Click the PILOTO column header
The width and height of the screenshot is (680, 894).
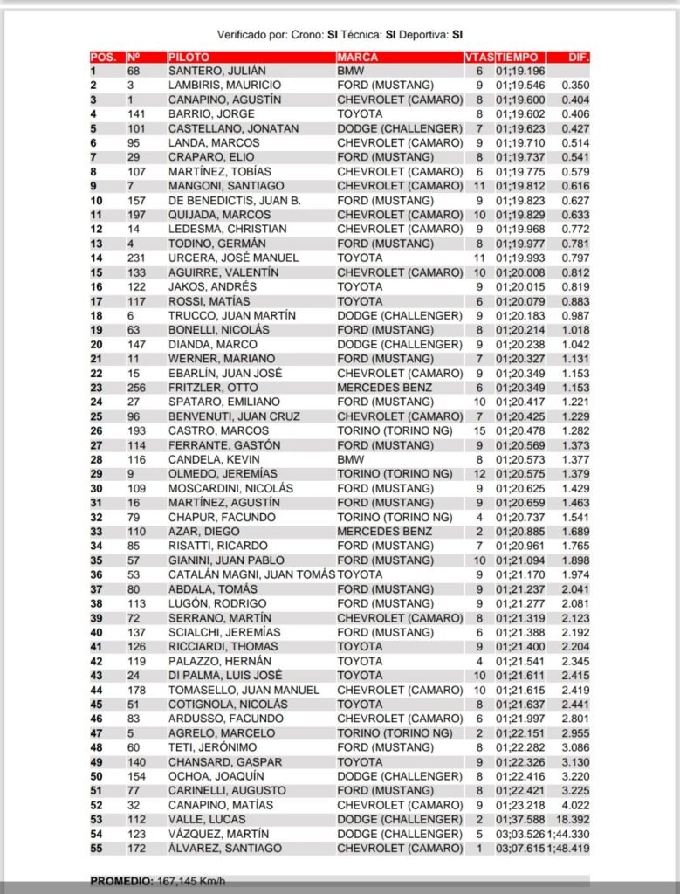(x=189, y=56)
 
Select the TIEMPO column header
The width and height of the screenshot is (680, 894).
(x=519, y=56)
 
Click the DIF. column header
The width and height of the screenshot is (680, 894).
(x=578, y=56)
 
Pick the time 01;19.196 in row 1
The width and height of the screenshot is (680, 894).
(x=520, y=71)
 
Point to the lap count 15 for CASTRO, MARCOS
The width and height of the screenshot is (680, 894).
(x=479, y=430)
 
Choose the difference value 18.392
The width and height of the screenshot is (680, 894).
(x=574, y=819)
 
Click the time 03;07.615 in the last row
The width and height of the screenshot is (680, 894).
(x=520, y=848)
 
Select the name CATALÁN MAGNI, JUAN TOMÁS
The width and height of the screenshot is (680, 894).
(x=251, y=574)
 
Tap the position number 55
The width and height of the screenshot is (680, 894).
(x=96, y=848)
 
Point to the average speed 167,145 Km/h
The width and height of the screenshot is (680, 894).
(x=195, y=879)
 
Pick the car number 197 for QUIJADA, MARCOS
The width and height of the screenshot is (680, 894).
(x=137, y=215)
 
